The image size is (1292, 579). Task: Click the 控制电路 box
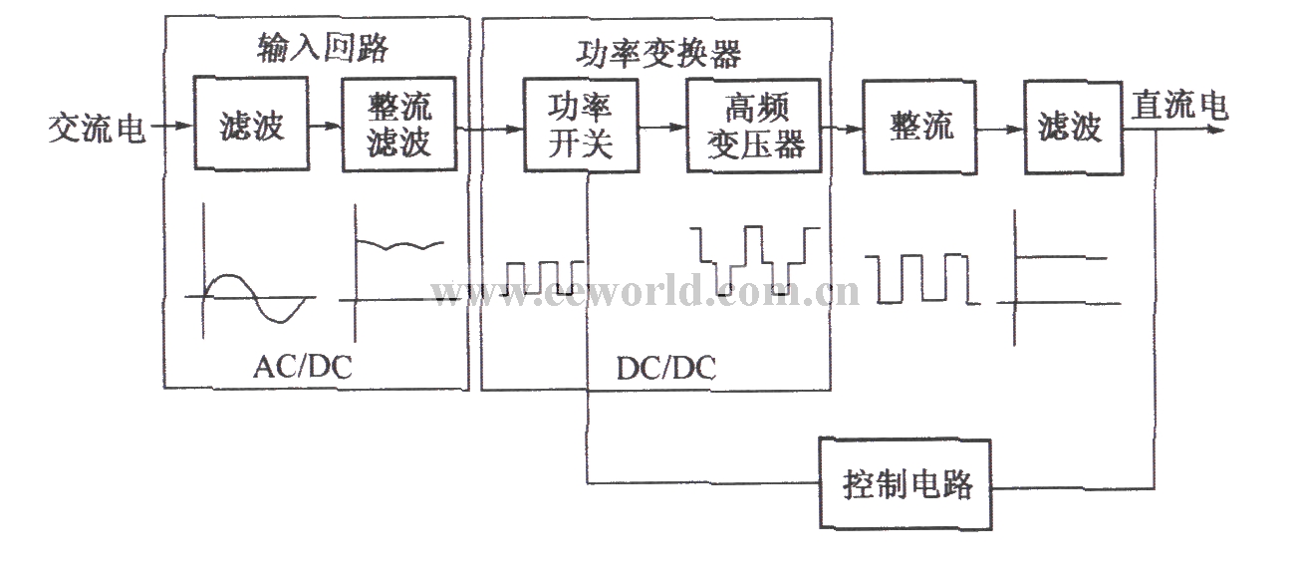tap(905, 483)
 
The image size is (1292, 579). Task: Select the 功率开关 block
tap(581, 126)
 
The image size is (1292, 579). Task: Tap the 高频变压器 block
tap(754, 126)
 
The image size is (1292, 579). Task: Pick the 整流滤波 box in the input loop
tap(399, 125)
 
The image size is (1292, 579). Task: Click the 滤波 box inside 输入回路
tap(251, 123)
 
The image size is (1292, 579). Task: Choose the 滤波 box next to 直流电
tap(1074, 128)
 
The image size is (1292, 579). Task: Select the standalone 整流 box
tap(920, 127)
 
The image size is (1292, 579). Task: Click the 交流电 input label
tap(97, 128)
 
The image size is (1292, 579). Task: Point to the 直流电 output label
tap(1179, 105)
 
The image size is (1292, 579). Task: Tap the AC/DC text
tap(303, 367)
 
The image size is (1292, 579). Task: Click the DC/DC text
tap(666, 369)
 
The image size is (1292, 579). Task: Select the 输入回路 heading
tap(323, 47)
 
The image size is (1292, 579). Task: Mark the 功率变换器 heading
tap(658, 54)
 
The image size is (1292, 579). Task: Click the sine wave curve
tap(254, 297)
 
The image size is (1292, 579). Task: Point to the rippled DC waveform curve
tap(399, 245)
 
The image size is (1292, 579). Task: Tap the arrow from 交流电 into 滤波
tap(172, 126)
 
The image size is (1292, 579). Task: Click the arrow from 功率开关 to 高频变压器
tap(662, 127)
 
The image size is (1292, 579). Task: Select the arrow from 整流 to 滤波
tap(1001, 130)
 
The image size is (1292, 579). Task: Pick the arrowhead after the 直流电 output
tap(1216, 130)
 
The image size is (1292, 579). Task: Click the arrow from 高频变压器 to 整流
tap(842, 129)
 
